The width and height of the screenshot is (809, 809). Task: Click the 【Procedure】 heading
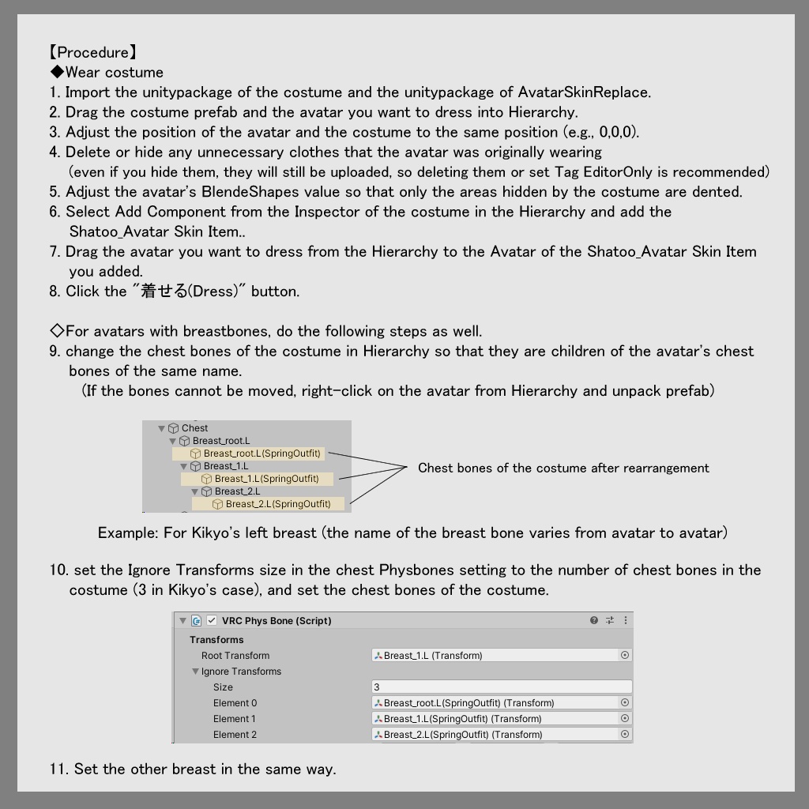(x=93, y=53)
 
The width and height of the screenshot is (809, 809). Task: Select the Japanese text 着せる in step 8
(x=164, y=292)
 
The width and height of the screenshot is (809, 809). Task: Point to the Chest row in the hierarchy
(x=194, y=428)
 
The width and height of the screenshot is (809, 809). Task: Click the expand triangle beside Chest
(x=162, y=428)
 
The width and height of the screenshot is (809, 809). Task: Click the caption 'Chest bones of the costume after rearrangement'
(x=563, y=468)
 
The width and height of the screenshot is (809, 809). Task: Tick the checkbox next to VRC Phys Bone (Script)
(x=211, y=621)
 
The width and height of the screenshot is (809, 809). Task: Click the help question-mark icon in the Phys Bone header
(x=594, y=621)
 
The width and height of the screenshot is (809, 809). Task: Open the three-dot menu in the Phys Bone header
(x=626, y=621)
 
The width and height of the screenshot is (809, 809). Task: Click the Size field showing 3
(x=501, y=687)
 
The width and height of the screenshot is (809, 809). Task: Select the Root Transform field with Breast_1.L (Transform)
(x=495, y=656)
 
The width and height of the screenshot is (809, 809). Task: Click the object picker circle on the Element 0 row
(x=625, y=703)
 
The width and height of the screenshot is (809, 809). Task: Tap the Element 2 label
(x=235, y=735)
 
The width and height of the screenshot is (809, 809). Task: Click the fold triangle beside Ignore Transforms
(x=195, y=672)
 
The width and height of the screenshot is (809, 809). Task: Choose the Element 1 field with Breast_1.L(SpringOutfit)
(x=495, y=719)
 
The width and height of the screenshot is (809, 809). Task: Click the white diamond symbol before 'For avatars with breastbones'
(x=56, y=331)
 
